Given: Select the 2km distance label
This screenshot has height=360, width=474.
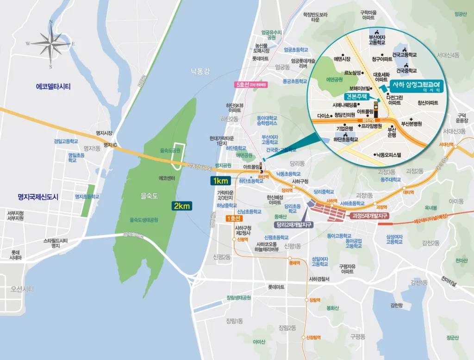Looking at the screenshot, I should coord(181,206).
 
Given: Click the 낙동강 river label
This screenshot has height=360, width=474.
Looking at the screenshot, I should coord(200,71).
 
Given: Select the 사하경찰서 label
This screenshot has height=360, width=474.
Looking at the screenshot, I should coord(319,279).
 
